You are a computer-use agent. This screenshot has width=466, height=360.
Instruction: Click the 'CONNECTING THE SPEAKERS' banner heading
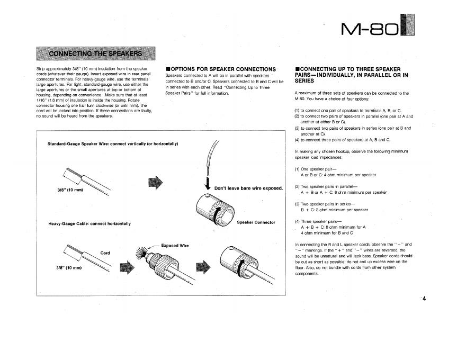point(95,54)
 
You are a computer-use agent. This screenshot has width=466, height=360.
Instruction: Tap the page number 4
point(424,298)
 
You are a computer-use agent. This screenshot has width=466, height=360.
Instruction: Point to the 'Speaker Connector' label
point(256,222)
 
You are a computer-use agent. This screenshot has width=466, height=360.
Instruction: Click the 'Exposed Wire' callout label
point(175,246)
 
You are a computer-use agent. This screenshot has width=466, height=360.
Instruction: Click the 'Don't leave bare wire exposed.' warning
point(249,188)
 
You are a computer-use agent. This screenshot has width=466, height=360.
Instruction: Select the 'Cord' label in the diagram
point(105,253)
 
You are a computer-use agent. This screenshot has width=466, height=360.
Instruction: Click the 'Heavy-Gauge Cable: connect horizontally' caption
point(89,223)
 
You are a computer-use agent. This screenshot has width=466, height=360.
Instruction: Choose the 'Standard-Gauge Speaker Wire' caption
point(112,143)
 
